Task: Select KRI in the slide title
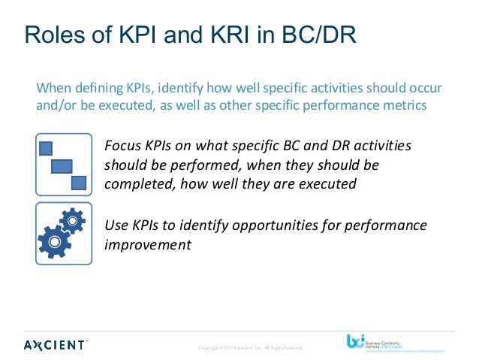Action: click(221, 34)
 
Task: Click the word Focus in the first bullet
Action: click(122, 144)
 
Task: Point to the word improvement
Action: click(148, 244)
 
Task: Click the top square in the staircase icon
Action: click(46, 147)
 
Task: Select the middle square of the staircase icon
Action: click(62, 165)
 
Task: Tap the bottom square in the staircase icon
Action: click(78, 182)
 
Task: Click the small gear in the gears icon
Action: click(71, 219)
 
